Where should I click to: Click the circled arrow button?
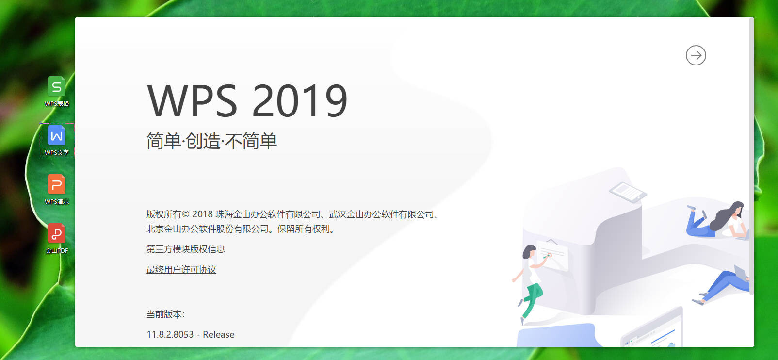(x=696, y=55)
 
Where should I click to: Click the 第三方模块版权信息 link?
(x=185, y=249)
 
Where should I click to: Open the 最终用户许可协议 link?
(x=181, y=270)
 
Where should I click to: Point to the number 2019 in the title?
(x=299, y=101)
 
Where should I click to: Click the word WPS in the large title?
(x=192, y=101)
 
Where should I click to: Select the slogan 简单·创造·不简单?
(x=211, y=141)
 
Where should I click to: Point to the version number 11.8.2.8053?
(x=170, y=334)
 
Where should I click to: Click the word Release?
(x=218, y=334)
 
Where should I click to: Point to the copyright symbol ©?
(x=185, y=214)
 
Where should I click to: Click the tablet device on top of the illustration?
(x=628, y=192)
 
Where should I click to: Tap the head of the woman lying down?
(x=736, y=210)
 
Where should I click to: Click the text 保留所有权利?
(x=303, y=229)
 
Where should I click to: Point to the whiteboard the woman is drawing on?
(x=553, y=255)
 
